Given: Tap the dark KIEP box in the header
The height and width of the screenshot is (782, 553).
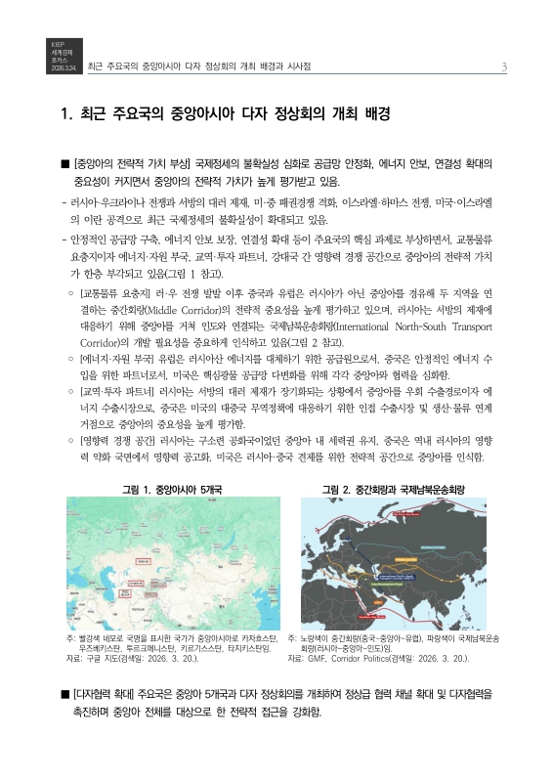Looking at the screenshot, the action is [58, 57].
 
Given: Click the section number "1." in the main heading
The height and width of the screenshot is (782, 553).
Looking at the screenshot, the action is [66, 113].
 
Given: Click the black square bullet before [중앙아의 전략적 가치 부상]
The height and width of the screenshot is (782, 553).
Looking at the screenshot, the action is [64, 164].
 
